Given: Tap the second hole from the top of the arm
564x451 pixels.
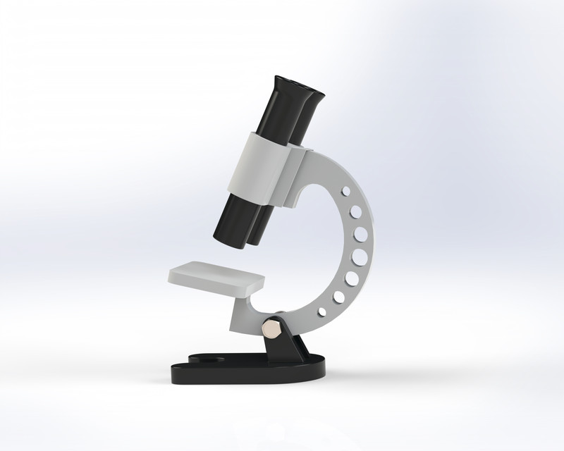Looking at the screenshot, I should tap(355, 210).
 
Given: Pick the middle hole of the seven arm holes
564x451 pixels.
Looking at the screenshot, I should tap(360, 255).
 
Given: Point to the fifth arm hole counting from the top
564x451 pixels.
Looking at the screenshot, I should tap(353, 278).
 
